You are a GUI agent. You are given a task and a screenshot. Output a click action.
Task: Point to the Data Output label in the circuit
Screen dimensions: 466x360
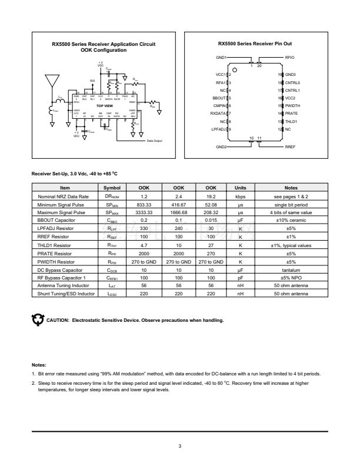point(155,141)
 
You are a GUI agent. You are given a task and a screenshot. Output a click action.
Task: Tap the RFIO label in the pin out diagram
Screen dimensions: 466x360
point(289,57)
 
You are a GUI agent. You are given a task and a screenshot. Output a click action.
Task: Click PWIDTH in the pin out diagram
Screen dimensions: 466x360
point(292,105)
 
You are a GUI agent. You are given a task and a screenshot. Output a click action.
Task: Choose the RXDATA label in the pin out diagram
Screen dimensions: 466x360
point(219,113)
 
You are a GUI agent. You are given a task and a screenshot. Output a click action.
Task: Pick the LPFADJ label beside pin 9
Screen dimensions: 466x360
point(219,128)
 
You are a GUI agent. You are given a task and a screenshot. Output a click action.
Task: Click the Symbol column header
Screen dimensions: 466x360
point(112,187)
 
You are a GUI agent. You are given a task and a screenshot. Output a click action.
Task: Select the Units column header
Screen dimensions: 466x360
point(240,187)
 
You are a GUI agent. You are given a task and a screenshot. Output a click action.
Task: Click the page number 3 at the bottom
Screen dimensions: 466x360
point(180,445)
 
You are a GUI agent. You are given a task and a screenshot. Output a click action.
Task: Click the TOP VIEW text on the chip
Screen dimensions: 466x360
point(105,106)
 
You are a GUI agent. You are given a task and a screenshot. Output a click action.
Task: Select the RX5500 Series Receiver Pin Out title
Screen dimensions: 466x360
point(255,44)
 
